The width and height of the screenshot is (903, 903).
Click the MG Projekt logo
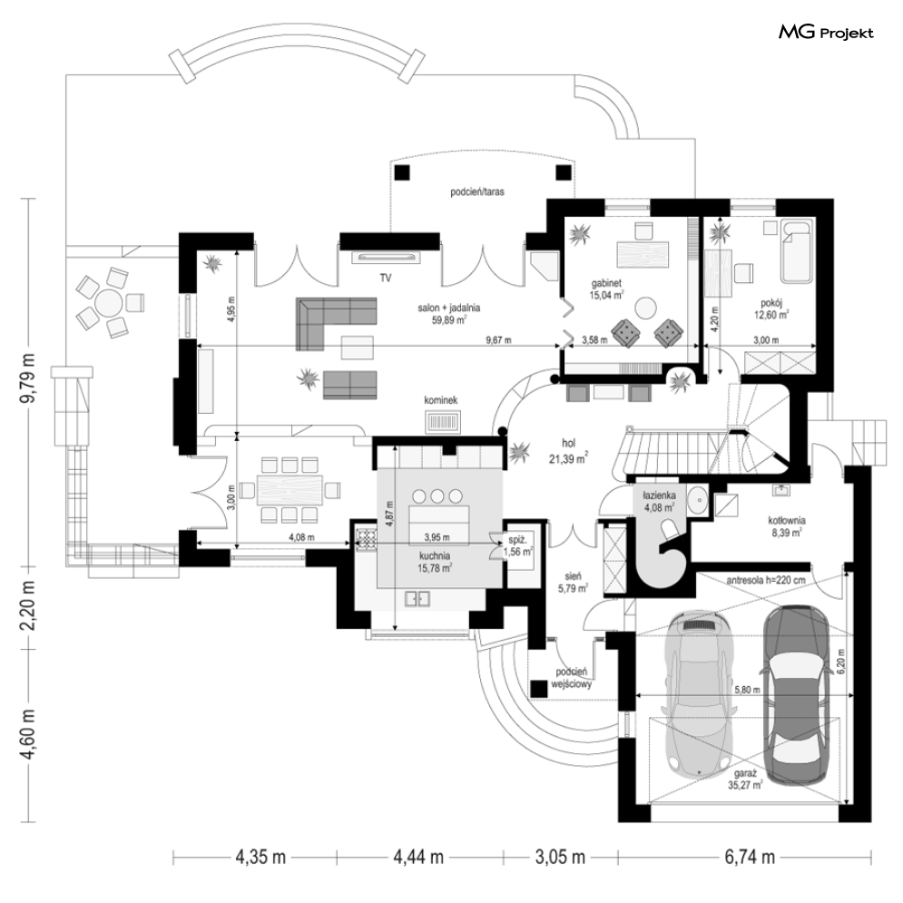click(x=825, y=33)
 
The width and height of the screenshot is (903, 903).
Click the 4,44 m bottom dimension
click(x=418, y=856)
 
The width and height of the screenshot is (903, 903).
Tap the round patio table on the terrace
click(x=107, y=300)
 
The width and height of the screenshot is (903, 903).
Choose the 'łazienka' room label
click(x=658, y=496)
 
